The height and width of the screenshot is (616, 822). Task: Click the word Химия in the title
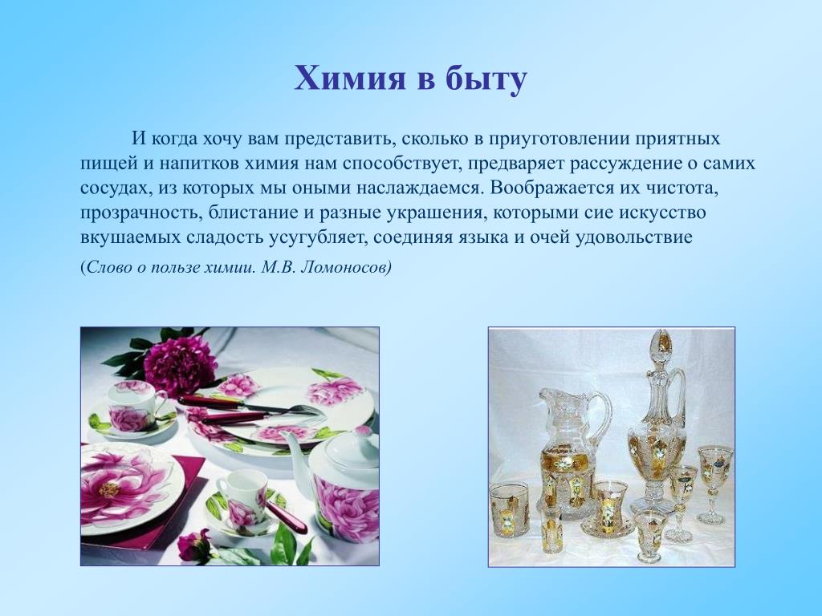[350, 79]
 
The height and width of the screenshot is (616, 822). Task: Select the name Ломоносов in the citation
[348, 267]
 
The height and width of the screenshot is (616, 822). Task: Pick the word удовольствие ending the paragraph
[634, 237]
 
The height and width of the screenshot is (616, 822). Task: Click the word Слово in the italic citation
[108, 267]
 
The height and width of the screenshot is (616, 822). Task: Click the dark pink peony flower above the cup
[180, 359]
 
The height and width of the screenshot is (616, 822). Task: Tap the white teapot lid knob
[364, 432]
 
